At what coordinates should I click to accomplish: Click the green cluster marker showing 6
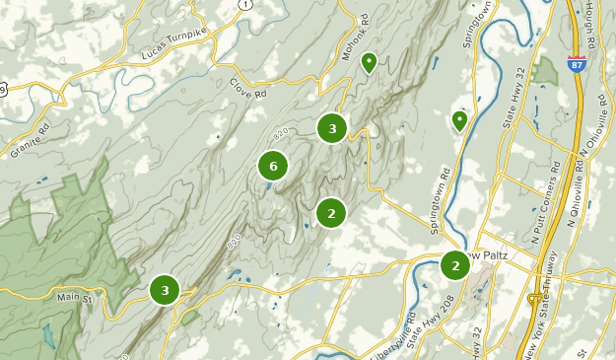click(273, 166)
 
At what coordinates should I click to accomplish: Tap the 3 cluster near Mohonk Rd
click(332, 128)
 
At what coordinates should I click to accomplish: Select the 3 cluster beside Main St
click(165, 290)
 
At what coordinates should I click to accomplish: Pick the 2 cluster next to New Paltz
click(454, 265)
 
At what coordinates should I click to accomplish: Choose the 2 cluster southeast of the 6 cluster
click(331, 212)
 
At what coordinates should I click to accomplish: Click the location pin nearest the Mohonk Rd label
click(369, 64)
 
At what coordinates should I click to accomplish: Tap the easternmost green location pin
click(459, 121)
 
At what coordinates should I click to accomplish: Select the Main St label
click(75, 296)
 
